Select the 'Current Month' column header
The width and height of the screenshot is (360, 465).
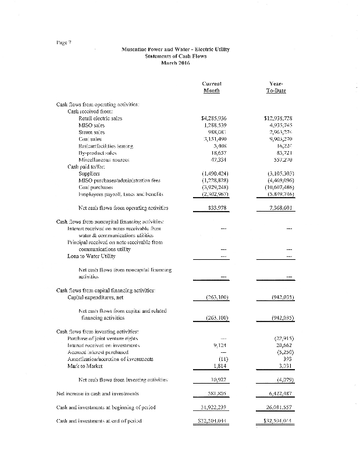click(x=211, y=87)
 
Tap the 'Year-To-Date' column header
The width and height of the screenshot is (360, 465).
click(x=277, y=87)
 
